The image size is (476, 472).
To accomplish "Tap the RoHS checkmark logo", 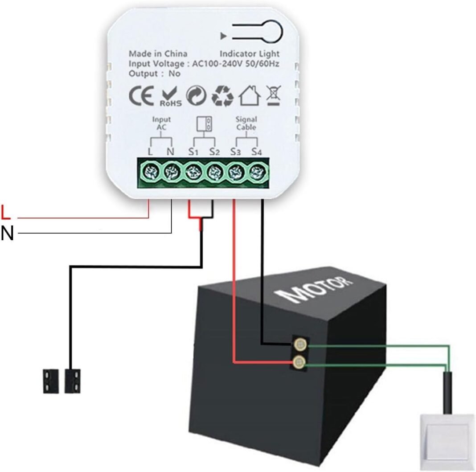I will coord(169,97).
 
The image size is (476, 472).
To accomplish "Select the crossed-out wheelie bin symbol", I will coord(271,95).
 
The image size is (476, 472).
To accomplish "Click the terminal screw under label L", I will coord(150,171).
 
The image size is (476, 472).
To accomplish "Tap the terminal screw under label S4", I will coord(257,171).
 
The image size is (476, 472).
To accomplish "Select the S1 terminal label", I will coord(192,152).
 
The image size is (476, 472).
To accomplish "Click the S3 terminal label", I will coord(235,152).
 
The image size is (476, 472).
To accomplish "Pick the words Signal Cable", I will coord(246,123).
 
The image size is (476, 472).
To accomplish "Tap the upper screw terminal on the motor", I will coord(300,344).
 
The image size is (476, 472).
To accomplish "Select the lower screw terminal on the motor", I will coord(299,361).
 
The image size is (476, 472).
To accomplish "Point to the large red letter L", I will coord(6,213).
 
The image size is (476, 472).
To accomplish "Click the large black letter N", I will coord(7,233).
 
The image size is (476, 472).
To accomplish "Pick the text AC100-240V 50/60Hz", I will coord(235,64).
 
